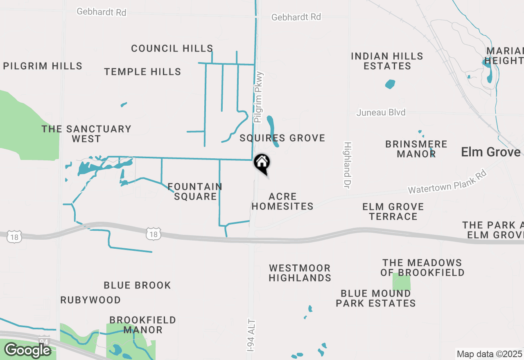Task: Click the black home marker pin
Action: point(262,164)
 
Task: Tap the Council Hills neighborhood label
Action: point(172,48)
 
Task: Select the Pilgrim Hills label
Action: point(43,66)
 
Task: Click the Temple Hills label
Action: point(142,72)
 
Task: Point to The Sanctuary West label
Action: point(86,134)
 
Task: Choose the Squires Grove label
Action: point(282,138)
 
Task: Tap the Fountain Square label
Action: point(195,191)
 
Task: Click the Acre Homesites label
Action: point(282,201)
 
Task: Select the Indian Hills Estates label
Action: point(387,61)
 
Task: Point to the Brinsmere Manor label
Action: point(416,149)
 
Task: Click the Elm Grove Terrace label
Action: point(393,211)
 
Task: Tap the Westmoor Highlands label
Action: point(300,273)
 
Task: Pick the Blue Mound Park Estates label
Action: point(376,298)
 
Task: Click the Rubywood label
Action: point(90,300)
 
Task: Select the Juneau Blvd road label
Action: point(381,112)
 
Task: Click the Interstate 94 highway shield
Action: point(44,340)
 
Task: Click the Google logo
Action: point(27,350)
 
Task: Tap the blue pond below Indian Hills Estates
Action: point(390,84)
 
